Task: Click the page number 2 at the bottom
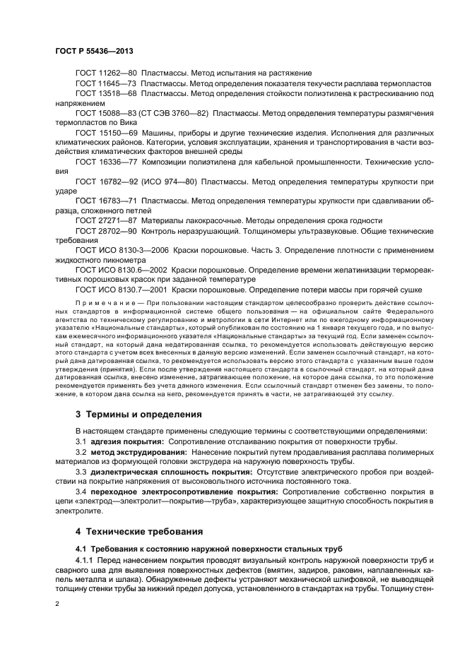click(57, 604)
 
